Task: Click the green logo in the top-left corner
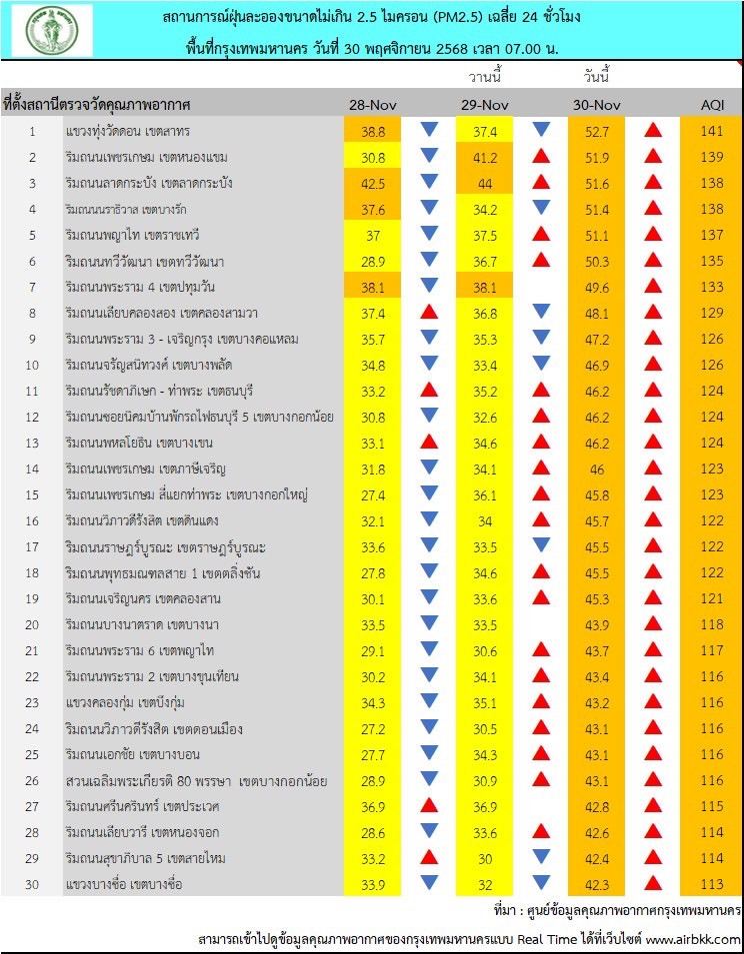(52, 30)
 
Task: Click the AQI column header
(712, 105)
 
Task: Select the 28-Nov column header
(373, 105)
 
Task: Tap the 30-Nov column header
(597, 105)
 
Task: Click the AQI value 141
(712, 131)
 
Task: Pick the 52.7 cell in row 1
(597, 131)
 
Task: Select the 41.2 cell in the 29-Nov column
(484, 157)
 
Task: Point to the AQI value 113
(712, 884)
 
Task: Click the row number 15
(32, 494)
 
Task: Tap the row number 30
(32, 884)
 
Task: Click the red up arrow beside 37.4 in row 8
(429, 313)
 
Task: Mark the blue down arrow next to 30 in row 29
(541, 858)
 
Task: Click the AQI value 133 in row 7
(712, 287)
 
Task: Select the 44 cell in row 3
(484, 183)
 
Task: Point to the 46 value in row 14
(597, 469)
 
